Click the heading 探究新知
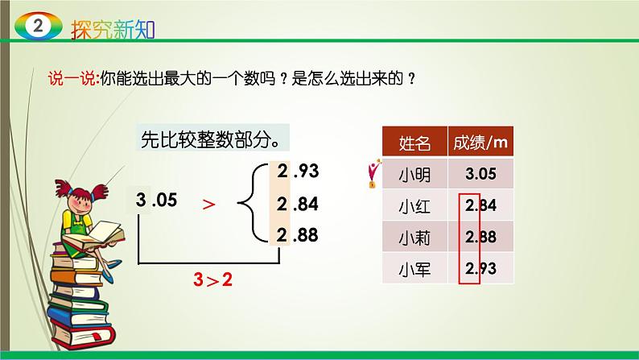click(x=113, y=28)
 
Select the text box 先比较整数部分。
click(x=210, y=141)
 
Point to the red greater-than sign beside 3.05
click(x=209, y=205)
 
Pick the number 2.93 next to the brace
click(x=299, y=171)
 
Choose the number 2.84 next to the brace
click(x=299, y=205)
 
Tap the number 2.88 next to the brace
click(x=299, y=235)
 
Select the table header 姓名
click(x=414, y=143)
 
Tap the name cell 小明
click(x=414, y=173)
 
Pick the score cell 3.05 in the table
click(x=481, y=173)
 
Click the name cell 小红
click(x=414, y=206)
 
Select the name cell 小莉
click(x=414, y=238)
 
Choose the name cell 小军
click(x=414, y=270)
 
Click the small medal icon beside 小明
click(x=372, y=173)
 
